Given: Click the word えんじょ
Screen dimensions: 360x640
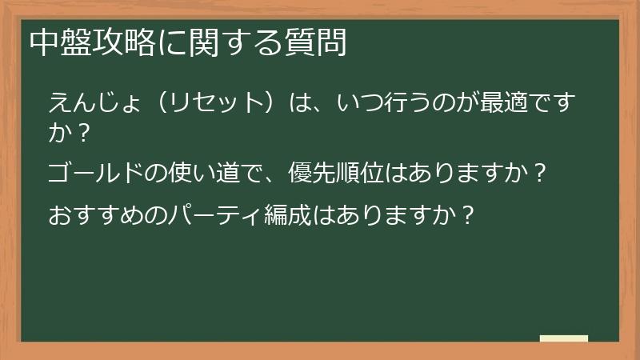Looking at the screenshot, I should [x=96, y=102].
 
